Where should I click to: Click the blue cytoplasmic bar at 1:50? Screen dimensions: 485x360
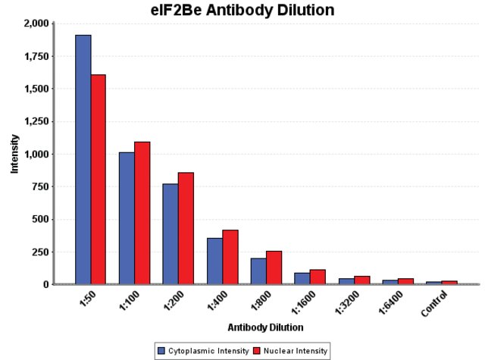point(83,159)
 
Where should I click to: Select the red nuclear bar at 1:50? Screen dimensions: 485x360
point(99,179)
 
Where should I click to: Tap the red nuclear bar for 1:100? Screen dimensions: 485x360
point(142,213)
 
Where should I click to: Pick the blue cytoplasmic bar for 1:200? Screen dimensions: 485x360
point(171,234)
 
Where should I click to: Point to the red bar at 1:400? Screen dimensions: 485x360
point(230,257)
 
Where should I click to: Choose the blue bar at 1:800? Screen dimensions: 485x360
point(258,271)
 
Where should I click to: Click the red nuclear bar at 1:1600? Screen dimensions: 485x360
point(318,277)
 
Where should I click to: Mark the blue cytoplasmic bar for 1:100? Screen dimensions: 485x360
point(127,218)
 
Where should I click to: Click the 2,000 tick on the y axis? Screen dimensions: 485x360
point(36,23)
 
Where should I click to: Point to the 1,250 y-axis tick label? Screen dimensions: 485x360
point(36,121)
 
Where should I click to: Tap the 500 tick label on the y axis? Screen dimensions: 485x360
point(40,219)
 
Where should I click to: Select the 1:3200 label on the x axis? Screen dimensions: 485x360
point(347,302)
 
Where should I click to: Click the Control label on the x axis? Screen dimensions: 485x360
point(434,304)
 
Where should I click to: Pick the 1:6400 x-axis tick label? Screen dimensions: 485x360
point(391,302)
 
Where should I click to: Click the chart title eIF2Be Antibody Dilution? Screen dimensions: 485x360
point(242,10)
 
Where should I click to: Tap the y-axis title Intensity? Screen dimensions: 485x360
point(14,154)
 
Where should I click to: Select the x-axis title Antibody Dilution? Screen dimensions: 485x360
point(265,327)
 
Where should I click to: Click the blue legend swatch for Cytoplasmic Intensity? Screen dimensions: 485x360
point(161,351)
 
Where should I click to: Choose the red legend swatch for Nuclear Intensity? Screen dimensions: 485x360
point(257,351)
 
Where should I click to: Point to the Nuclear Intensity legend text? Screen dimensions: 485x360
point(296,351)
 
